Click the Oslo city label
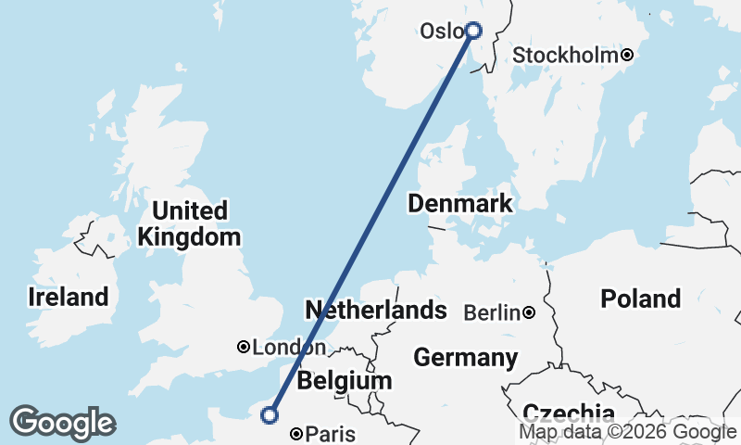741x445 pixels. pyautogui.click(x=441, y=31)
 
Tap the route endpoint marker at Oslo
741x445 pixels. pyautogui.click(x=473, y=30)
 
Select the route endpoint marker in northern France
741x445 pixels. pyautogui.click(x=270, y=415)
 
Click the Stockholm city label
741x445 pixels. pyautogui.click(x=565, y=56)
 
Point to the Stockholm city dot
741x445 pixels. pyautogui.click(x=627, y=55)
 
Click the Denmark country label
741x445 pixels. pyautogui.click(x=460, y=204)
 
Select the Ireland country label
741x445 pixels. pyautogui.click(x=68, y=298)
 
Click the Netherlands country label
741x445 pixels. pyautogui.click(x=376, y=310)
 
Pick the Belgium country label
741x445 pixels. pyautogui.click(x=345, y=381)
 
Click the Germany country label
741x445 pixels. pyautogui.click(x=465, y=357)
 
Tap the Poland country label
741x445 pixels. pyautogui.click(x=640, y=299)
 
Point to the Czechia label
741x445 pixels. pyautogui.click(x=568, y=412)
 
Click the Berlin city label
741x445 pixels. pyautogui.click(x=492, y=313)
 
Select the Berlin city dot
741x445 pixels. pyautogui.click(x=529, y=313)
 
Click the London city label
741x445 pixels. pyautogui.click(x=288, y=348)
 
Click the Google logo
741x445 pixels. pyautogui.click(x=62, y=423)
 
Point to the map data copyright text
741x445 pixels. pyautogui.click(x=627, y=431)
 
